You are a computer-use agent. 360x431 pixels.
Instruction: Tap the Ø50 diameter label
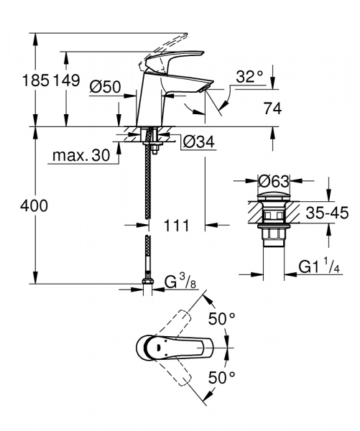click(x=104, y=88)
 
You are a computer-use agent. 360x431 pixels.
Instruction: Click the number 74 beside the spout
click(x=272, y=108)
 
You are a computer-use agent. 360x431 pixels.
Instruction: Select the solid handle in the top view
click(x=172, y=349)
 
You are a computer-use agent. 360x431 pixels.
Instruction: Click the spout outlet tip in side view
click(x=204, y=88)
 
